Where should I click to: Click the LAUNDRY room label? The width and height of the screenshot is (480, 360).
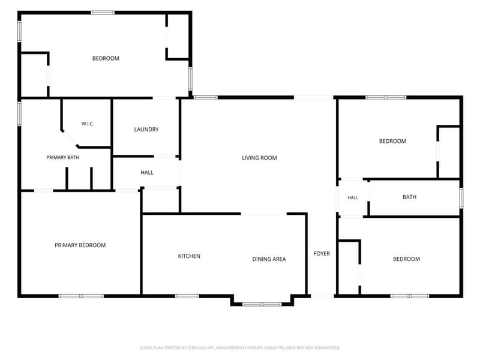click(x=146, y=130)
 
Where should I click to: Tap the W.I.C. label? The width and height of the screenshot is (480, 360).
click(x=88, y=124)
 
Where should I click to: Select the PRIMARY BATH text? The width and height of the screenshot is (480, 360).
click(x=63, y=157)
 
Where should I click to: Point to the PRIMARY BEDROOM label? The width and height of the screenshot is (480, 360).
click(x=80, y=245)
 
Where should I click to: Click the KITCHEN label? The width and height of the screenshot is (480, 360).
click(x=189, y=256)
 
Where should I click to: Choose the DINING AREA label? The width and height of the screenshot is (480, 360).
click(x=269, y=259)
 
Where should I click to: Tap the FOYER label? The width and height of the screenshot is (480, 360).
click(x=322, y=254)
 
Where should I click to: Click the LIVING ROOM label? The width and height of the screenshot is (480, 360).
click(x=260, y=158)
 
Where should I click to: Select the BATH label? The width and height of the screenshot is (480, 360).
click(x=410, y=197)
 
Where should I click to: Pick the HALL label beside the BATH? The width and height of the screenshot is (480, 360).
click(x=353, y=198)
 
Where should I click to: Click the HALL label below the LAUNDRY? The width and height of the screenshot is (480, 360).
click(x=147, y=173)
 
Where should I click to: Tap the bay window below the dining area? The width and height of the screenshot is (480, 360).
click(x=262, y=304)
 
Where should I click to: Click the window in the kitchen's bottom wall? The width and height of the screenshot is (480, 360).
click(x=187, y=296)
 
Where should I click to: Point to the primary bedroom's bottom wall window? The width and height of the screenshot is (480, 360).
click(x=81, y=296)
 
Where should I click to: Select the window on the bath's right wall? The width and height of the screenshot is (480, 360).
click(x=461, y=198)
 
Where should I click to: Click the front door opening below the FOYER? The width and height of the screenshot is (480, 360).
click(x=322, y=296)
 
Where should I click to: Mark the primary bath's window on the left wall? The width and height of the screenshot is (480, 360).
click(x=19, y=113)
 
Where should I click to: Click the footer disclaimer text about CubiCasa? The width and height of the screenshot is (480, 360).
click(x=240, y=348)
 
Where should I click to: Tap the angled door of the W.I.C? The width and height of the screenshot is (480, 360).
click(x=70, y=139)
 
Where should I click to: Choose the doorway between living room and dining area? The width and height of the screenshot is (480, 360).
click(x=264, y=214)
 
